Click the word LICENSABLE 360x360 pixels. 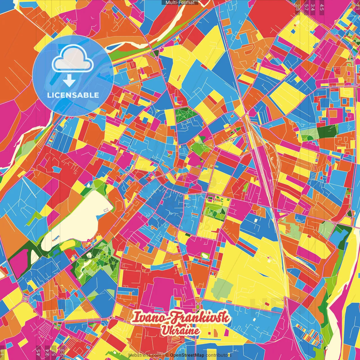click(73, 95)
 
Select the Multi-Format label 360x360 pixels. click(180, 3)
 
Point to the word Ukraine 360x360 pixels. click(180, 330)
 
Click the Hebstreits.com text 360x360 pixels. click(145, 355)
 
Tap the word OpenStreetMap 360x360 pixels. click(187, 355)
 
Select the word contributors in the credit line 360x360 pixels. click(218, 355)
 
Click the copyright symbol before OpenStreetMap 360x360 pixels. click(167, 355)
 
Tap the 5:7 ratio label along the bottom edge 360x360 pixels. click(53, 353)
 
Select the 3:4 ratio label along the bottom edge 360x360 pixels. click(47, 353)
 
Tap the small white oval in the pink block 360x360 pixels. click(205, 256)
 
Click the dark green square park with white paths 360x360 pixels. click(186, 115)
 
